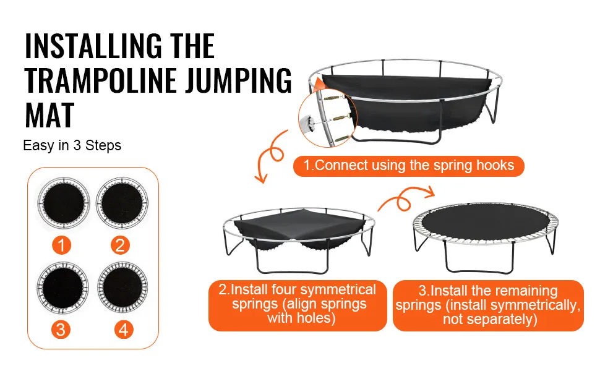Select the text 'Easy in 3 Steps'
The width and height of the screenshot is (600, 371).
coord(72,146)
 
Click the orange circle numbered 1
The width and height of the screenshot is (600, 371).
coord(61,245)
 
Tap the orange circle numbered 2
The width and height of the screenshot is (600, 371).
coord(120,245)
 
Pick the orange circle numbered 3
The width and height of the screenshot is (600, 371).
coord(61,329)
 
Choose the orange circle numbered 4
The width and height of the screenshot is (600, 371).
coord(123,329)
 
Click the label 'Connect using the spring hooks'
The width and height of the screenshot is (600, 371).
coord(408,166)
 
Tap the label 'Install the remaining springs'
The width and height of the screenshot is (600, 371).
coord(488,305)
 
